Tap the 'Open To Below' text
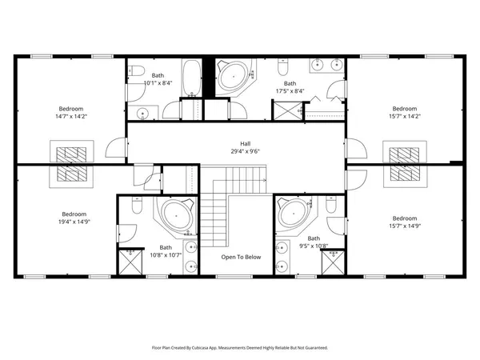(241, 257)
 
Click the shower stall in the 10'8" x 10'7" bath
(128, 262)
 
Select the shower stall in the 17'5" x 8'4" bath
(289, 109)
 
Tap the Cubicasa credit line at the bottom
(240, 348)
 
